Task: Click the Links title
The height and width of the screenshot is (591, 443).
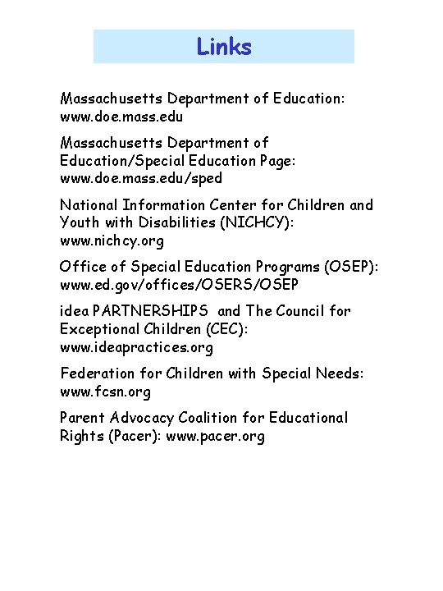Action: click(x=224, y=47)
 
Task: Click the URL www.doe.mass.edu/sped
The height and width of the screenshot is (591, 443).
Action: click(x=141, y=178)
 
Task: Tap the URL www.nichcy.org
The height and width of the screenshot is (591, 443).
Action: click(x=112, y=241)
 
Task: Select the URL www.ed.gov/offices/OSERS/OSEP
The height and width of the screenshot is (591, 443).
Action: click(x=180, y=284)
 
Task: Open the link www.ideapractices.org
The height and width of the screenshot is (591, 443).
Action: click(x=136, y=347)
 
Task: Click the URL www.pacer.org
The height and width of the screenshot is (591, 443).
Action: click(x=216, y=436)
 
